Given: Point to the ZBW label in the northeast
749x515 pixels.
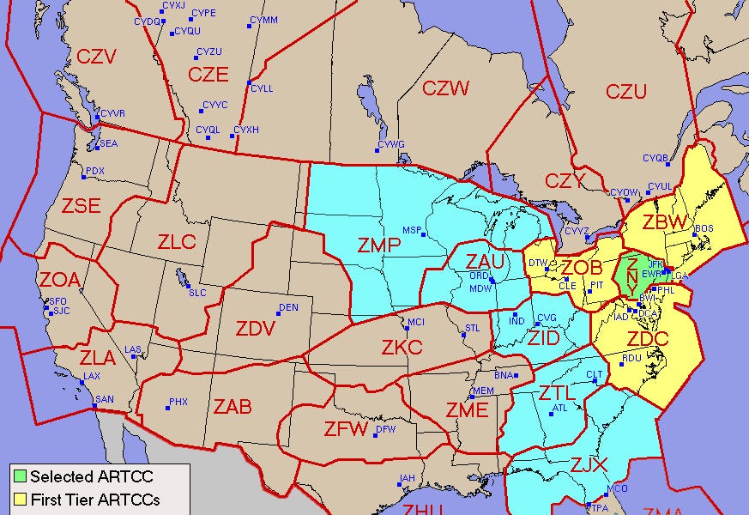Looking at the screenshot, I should click(x=665, y=222).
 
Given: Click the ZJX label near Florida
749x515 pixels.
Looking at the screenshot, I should click(x=589, y=465).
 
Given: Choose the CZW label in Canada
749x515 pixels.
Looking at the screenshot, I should click(x=445, y=88).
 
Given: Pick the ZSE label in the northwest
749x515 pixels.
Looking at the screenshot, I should click(x=82, y=206).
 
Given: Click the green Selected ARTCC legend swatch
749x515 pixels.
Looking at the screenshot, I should click(x=20, y=476).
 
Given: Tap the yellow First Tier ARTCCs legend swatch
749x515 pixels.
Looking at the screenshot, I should click(x=20, y=498).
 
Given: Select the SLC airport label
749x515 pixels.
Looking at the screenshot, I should click(x=197, y=293).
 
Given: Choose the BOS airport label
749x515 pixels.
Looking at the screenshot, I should click(x=704, y=228).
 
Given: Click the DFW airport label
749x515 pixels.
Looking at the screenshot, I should click(x=386, y=428).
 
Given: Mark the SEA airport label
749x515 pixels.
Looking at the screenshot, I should click(x=109, y=143).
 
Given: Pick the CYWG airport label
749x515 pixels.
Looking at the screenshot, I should click(x=391, y=144).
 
